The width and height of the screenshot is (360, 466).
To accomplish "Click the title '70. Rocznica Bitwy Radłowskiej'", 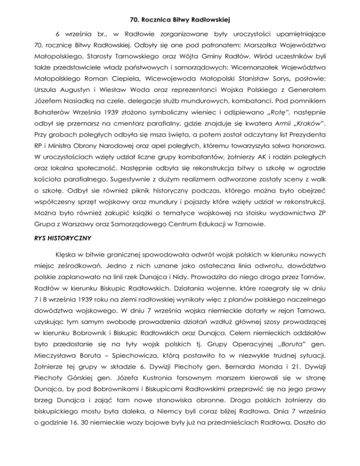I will (180, 7).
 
